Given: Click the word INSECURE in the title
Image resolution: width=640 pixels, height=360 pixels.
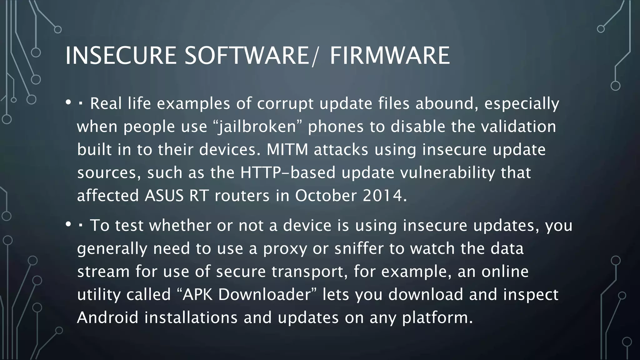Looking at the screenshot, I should pos(120,56).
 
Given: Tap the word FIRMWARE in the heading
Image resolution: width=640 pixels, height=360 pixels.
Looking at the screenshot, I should pos(390,56).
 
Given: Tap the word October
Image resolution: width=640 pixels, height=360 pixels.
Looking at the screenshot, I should pos(326,196).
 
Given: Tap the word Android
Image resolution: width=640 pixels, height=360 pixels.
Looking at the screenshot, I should pos(107,317).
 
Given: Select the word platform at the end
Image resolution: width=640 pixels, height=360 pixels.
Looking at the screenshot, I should pos(437,317).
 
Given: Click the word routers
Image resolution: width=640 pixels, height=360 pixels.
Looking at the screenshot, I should pos(242,196).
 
